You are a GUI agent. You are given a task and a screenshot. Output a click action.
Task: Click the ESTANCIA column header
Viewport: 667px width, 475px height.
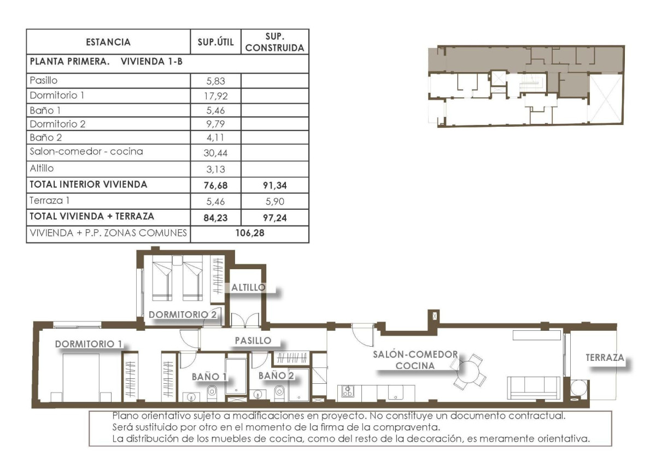108,42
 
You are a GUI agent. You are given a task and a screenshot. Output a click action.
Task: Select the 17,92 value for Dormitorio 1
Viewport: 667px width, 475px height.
215,96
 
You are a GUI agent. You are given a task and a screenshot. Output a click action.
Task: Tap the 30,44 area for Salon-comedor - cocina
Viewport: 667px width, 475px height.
215,152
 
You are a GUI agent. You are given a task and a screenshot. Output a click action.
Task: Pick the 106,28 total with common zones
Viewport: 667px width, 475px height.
249,234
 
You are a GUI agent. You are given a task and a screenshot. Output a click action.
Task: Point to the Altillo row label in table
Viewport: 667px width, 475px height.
42,168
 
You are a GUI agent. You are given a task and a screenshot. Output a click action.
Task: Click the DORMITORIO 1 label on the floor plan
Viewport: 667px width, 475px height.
88,345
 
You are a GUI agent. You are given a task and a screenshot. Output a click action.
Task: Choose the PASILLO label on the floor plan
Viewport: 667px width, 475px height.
253,340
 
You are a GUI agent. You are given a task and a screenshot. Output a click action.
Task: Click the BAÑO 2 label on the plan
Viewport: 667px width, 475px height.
276,375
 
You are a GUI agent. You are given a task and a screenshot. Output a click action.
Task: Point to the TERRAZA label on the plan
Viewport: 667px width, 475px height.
605,358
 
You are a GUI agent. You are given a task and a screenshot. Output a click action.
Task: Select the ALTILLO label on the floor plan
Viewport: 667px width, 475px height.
248,287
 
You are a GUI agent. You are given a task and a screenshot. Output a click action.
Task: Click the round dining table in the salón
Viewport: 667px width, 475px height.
470,372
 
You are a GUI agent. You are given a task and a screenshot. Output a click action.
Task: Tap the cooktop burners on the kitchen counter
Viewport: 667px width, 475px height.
347,391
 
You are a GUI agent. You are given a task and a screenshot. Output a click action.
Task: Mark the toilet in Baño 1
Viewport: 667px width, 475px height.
212,392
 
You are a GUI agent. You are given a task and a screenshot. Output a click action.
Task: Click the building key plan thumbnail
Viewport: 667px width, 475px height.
525,86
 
